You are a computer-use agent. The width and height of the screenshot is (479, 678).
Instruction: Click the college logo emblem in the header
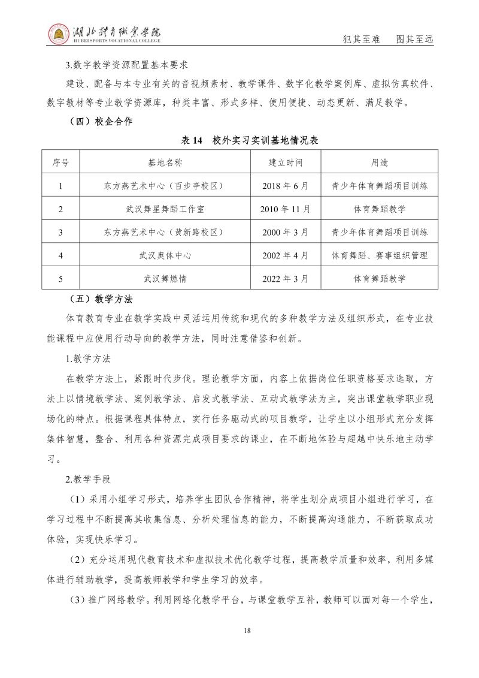point(58,34)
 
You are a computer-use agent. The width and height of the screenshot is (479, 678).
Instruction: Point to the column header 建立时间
point(285,162)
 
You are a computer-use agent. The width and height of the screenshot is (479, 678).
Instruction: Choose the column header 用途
point(380,162)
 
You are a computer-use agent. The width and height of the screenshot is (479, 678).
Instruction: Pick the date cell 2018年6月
point(285,186)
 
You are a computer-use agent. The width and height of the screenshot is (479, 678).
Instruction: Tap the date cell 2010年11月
point(285,209)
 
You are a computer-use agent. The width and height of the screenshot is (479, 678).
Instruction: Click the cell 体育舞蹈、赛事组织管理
point(380,255)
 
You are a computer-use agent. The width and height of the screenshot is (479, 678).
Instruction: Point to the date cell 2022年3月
point(285,278)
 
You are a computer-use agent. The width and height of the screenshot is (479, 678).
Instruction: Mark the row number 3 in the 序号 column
point(61,232)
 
